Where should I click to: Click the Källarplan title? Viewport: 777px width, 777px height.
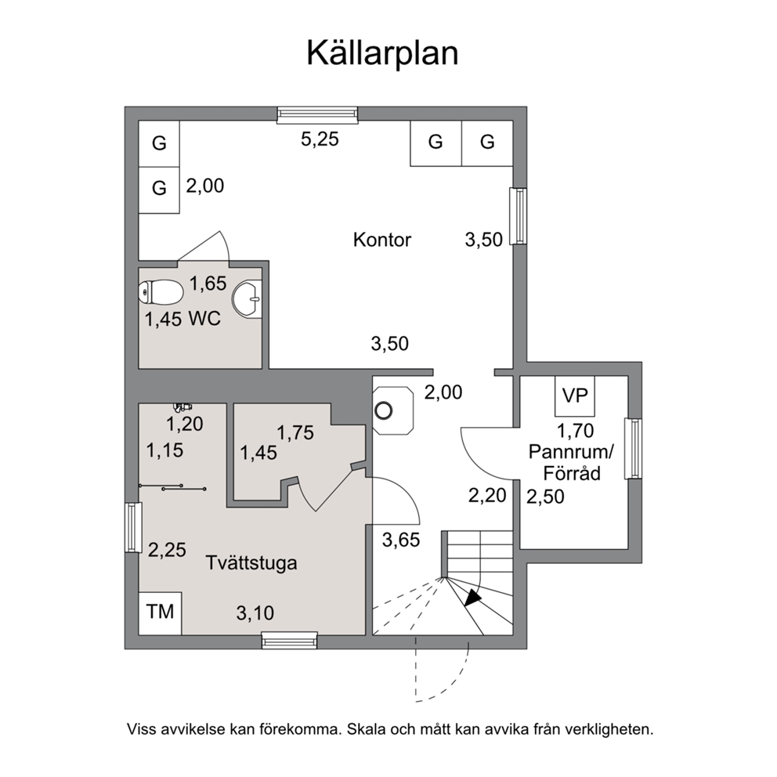[382, 53]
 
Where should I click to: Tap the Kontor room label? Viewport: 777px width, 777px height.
[382, 240]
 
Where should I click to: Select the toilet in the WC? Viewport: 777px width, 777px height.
[160, 292]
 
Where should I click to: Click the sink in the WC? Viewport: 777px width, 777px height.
[247, 298]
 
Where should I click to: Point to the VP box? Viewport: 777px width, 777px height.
[575, 396]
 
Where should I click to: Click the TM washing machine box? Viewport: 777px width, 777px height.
[160, 613]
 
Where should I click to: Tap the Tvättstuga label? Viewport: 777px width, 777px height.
[251, 563]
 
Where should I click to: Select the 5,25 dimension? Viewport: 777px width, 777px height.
[320, 139]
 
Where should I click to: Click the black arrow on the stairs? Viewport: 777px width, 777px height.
[473, 597]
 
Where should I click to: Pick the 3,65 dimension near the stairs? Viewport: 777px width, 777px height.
[401, 540]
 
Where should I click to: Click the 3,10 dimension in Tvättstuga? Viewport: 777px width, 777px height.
[255, 613]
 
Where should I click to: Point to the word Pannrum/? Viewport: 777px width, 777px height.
[571, 452]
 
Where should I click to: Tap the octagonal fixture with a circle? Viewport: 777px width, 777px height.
[393, 410]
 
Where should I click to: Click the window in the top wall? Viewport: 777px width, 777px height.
[317, 115]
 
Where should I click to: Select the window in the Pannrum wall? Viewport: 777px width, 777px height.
[633, 449]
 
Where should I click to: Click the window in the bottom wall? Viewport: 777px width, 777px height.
[289, 641]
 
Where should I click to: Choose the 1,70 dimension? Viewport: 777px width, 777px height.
[576, 431]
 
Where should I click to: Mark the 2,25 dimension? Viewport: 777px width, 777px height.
[167, 550]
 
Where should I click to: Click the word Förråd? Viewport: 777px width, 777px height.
[572, 473]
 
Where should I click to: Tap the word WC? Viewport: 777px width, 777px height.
[204, 319]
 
